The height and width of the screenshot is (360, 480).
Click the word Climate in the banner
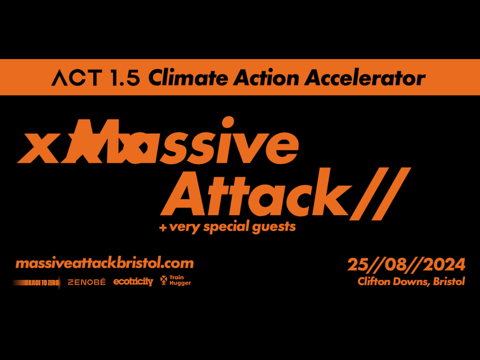click(188, 78)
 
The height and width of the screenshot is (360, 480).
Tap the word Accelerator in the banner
click(365, 78)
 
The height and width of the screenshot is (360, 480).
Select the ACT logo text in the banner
click(77, 78)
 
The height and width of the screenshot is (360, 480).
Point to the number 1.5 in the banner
click(126, 78)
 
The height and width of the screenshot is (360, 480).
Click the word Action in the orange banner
click(266, 78)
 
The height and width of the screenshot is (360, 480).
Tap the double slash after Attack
click(380, 194)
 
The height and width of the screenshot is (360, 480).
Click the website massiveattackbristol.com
click(105, 263)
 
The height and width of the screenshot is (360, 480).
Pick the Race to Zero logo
click(36, 283)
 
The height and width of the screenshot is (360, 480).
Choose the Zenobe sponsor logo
click(86, 282)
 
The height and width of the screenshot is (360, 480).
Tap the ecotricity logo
click(133, 281)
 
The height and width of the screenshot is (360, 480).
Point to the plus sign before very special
click(163, 228)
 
